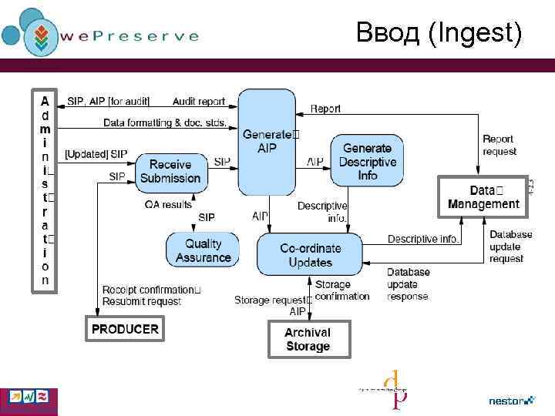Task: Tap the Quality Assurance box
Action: [203, 250]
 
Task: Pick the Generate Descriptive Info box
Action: [368, 162]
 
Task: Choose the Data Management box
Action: [483, 196]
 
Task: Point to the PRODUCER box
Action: [125, 329]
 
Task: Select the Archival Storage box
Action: [308, 339]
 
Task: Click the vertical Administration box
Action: [45, 190]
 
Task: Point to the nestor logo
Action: [511, 401]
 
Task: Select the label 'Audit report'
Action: [199, 101]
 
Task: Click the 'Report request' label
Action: [499, 145]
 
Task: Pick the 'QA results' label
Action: [168, 204]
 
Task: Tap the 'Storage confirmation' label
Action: [342, 290]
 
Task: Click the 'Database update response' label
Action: [409, 284]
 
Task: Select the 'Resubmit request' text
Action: [142, 301]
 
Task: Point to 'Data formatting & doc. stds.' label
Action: [165, 122]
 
